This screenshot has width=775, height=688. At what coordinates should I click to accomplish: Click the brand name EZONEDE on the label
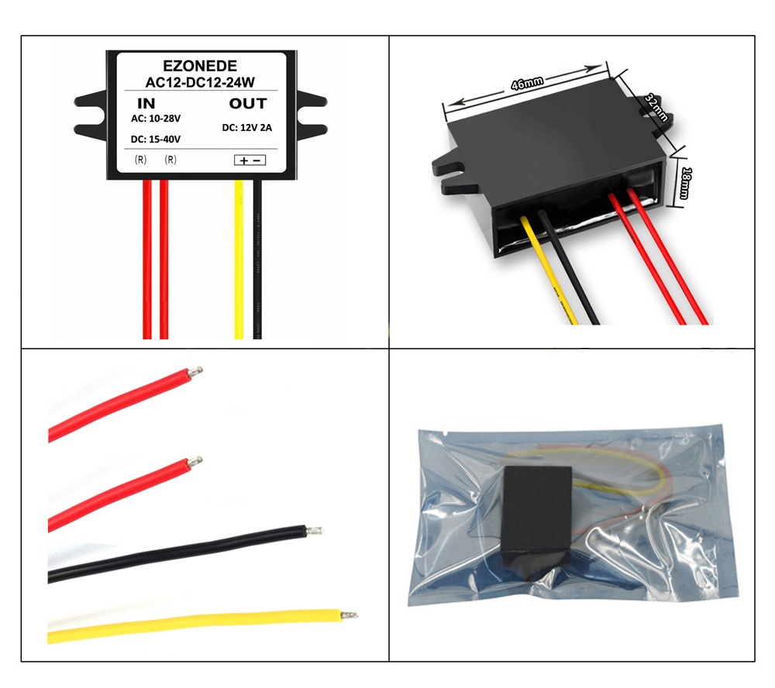point(200,66)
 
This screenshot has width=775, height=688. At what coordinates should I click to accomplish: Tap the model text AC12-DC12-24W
point(200,82)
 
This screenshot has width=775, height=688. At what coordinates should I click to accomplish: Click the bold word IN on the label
point(146,103)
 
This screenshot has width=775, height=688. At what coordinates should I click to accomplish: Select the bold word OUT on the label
point(248,103)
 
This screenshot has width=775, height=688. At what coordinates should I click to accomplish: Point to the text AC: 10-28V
point(156,119)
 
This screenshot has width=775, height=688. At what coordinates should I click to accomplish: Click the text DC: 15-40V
point(156,139)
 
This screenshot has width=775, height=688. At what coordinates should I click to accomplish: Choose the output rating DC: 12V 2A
point(247,128)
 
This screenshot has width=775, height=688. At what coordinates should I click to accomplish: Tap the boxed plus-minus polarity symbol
point(250,160)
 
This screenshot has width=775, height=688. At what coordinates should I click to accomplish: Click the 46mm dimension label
point(527,83)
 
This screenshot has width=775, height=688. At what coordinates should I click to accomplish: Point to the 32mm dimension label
point(657,108)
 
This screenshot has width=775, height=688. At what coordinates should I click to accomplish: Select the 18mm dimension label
point(685,183)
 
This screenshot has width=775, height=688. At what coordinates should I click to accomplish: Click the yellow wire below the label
point(239,260)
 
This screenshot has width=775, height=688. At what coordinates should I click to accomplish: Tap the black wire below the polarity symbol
point(257,260)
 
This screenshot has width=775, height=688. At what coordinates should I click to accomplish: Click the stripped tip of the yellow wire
point(350,615)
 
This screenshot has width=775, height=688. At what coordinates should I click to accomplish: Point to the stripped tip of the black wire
point(315,531)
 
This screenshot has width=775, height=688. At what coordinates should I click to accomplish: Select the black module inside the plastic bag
point(537,517)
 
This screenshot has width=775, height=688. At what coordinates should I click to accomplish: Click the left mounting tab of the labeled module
point(91,115)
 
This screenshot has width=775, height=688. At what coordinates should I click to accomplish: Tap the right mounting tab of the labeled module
point(312,115)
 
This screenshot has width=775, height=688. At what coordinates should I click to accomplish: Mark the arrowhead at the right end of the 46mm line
point(594,67)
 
